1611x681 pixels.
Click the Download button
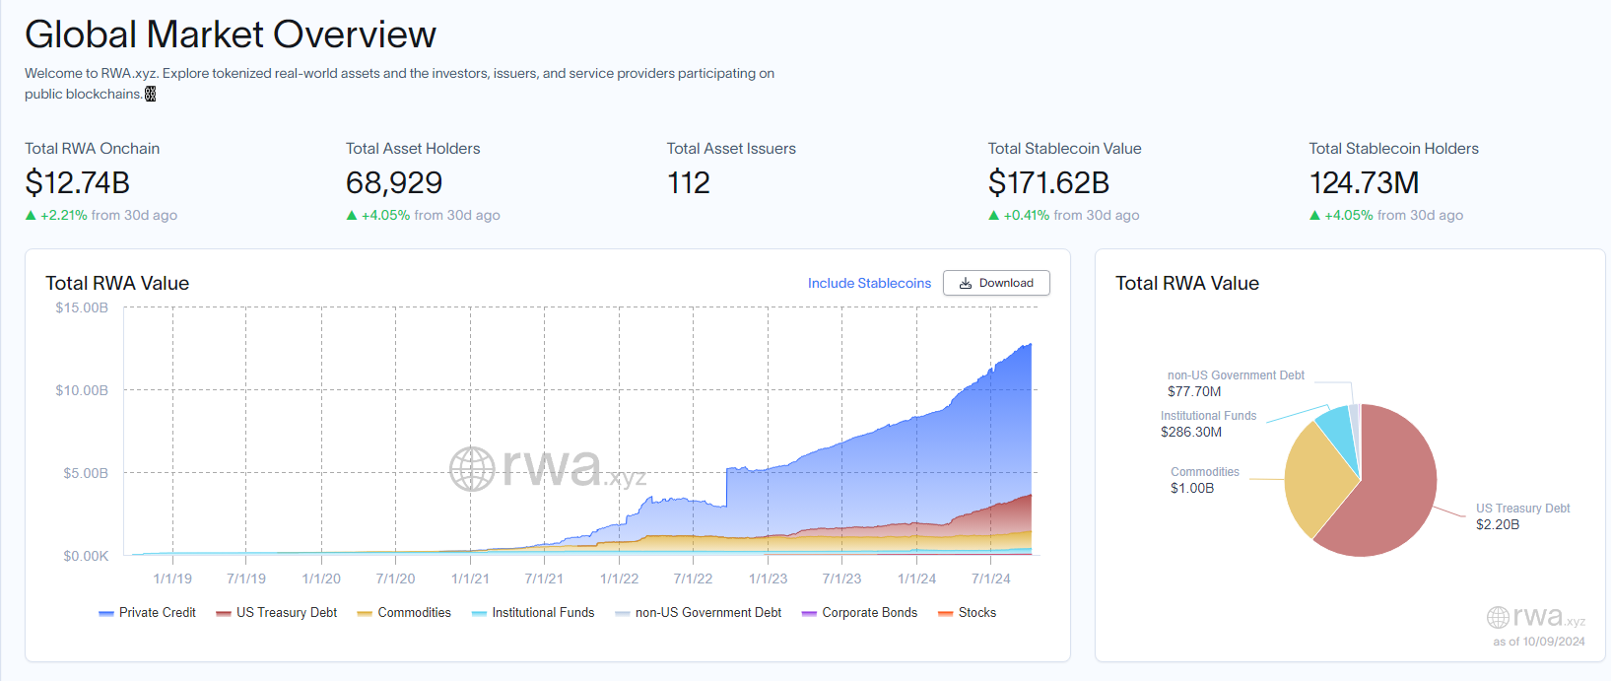point(996,283)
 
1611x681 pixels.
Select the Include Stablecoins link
point(869,283)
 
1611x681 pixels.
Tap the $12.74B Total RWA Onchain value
point(77,182)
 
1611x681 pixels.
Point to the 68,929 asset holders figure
point(393,182)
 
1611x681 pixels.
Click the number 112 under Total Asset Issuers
point(688,182)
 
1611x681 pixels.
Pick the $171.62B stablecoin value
point(1048,182)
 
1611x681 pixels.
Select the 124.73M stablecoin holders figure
point(1364,182)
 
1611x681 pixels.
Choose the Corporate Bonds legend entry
point(860,613)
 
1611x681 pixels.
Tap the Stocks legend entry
point(968,613)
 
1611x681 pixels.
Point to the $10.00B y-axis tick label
point(82,390)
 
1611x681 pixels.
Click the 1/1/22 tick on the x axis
point(619,579)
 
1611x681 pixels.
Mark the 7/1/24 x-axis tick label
point(990,579)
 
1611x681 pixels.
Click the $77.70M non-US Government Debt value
point(1194,391)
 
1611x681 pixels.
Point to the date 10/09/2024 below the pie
point(1554,642)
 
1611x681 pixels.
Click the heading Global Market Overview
point(230,34)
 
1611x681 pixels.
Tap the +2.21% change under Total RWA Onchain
point(64,215)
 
